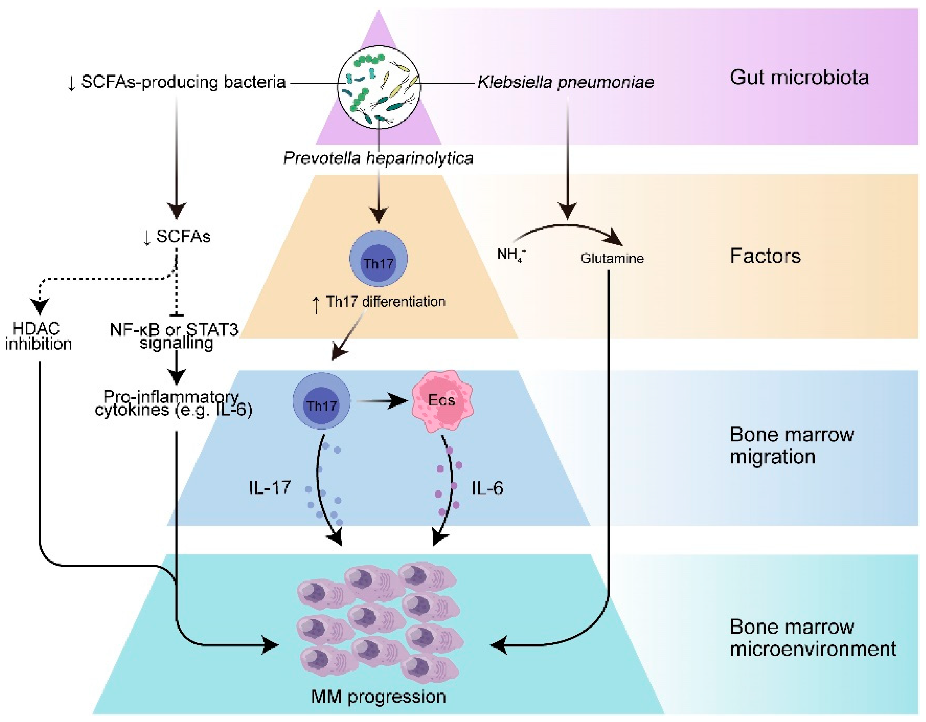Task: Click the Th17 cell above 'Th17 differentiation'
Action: [x=378, y=259]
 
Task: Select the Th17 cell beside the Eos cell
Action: [x=321, y=401]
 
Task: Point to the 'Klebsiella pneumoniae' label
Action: [x=566, y=82]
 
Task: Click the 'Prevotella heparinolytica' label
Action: [x=378, y=158]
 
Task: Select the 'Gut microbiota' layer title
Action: [x=799, y=78]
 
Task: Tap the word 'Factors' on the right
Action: [x=765, y=256]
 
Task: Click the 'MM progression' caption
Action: [x=378, y=696]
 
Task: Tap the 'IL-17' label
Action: [x=270, y=488]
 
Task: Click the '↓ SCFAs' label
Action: [x=177, y=237]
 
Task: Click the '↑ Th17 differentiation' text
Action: [x=379, y=302]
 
